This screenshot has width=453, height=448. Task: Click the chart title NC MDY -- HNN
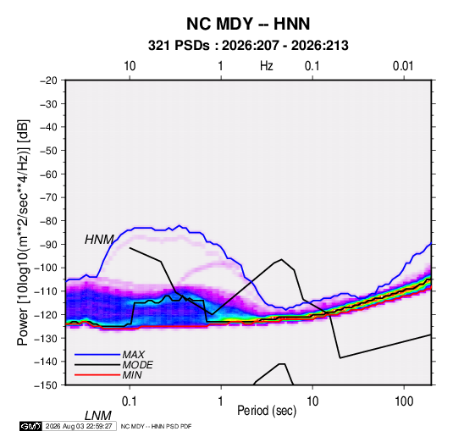click(x=248, y=24)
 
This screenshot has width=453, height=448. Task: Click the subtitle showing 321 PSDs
click(x=248, y=46)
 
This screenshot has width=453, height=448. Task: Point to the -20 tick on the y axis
click(x=48, y=80)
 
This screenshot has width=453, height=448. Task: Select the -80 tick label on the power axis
click(x=48, y=221)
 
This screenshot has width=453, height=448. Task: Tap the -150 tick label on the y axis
click(x=47, y=385)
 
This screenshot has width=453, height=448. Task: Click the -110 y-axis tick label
click(x=47, y=291)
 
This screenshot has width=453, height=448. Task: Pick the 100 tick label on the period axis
click(x=404, y=401)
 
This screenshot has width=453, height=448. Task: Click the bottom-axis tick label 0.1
click(x=130, y=401)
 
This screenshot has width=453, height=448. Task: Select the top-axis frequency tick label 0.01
click(x=403, y=66)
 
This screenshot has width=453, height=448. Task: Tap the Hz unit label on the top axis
click(x=267, y=66)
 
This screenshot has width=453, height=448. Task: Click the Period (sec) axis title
click(x=267, y=411)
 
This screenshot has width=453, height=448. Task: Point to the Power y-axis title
click(x=23, y=233)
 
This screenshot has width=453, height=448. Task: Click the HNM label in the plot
click(x=99, y=240)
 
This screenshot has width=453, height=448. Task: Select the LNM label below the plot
click(x=98, y=416)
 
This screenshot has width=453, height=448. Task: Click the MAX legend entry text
click(x=134, y=355)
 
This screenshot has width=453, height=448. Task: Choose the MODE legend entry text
click(x=137, y=365)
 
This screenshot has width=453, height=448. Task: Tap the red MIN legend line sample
click(x=97, y=375)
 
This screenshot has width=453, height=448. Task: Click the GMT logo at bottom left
click(x=31, y=426)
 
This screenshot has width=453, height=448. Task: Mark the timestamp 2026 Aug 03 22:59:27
click(x=79, y=426)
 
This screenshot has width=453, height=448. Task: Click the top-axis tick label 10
click(x=130, y=66)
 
